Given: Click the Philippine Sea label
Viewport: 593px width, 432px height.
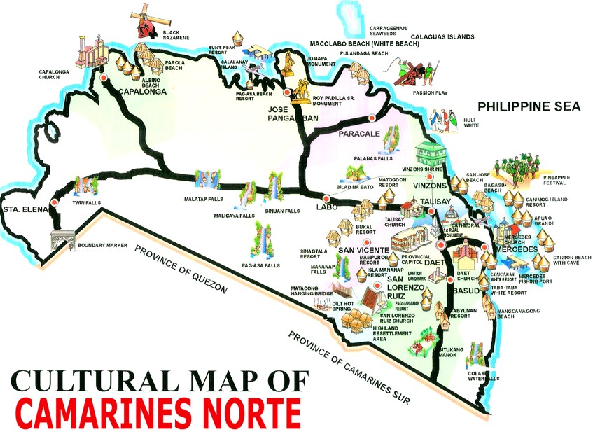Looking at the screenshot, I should click(x=529, y=106).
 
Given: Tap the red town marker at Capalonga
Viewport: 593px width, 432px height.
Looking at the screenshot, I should click(x=104, y=79).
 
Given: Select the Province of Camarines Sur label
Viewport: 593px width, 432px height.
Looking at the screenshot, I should click(x=351, y=366).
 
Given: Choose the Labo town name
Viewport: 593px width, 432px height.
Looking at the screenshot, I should click(x=326, y=207).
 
